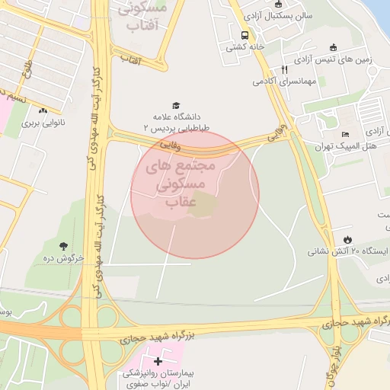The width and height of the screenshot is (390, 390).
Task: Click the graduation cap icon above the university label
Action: point(177,106)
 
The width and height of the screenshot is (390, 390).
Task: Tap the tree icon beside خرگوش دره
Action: point(63,245)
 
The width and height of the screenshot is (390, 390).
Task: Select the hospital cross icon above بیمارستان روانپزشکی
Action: point(158,360)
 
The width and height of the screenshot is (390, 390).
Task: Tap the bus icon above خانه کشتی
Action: point(245,35)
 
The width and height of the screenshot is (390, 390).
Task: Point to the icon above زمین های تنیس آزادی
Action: point(333,47)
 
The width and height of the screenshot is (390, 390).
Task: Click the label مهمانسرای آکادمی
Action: point(284,81)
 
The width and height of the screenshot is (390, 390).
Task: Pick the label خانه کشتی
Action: point(244,46)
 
